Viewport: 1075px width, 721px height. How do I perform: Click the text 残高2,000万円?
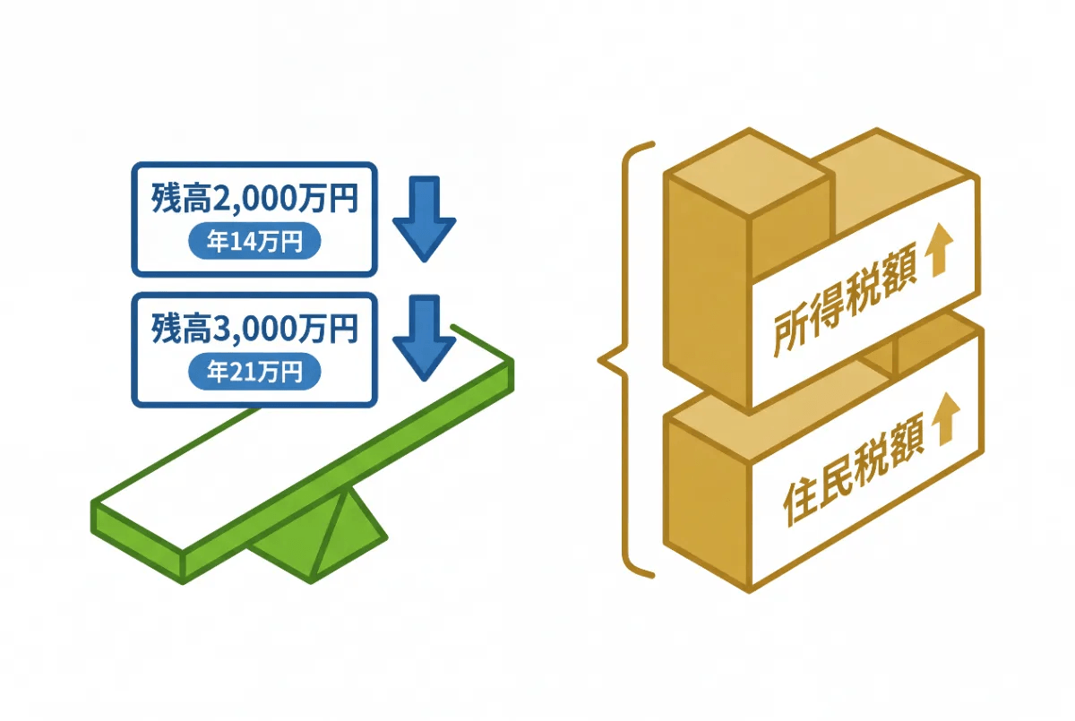pos(254,198)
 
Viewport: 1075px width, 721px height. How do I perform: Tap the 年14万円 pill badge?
pos(254,241)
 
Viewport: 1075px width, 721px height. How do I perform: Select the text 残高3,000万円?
pos(254,329)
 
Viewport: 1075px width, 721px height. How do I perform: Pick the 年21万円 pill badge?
pos(254,372)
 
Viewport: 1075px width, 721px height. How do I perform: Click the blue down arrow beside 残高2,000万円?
pos(425,219)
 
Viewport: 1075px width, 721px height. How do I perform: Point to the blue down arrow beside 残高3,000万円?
pos(425,338)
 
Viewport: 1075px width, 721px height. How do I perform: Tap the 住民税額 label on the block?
pos(853,468)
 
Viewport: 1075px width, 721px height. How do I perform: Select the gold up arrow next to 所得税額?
pos(942,250)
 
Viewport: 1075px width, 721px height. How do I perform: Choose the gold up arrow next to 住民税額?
pos(945,419)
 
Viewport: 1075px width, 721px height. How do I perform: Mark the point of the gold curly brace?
pos(599,360)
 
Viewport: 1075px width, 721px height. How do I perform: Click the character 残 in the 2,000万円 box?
pos(166,198)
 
